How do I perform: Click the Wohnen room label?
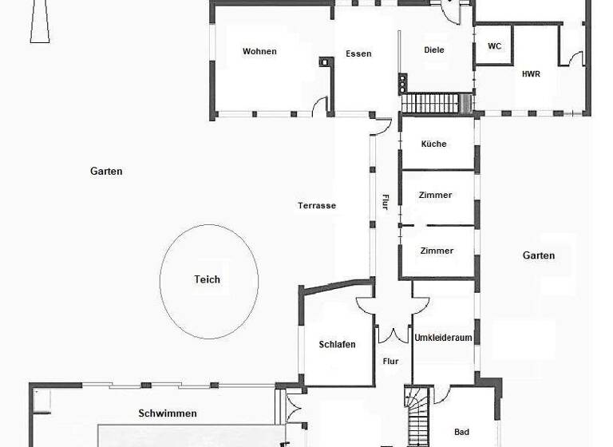[259, 52]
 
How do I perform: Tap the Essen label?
[358, 54]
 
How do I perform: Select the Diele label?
[434, 50]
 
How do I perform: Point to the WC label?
[495, 46]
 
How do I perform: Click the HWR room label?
[531, 74]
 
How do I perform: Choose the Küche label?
[434, 144]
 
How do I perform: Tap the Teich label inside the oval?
[207, 279]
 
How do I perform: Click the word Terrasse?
[317, 206]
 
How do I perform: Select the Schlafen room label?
[337, 345]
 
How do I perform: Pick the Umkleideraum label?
[443, 338]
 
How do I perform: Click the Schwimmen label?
[168, 413]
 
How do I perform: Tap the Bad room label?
[461, 433]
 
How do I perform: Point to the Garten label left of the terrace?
[106, 172]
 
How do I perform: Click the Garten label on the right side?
[539, 255]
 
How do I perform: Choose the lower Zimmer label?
[437, 251]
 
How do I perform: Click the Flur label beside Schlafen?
[390, 362]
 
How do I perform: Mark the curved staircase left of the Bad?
[417, 414]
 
